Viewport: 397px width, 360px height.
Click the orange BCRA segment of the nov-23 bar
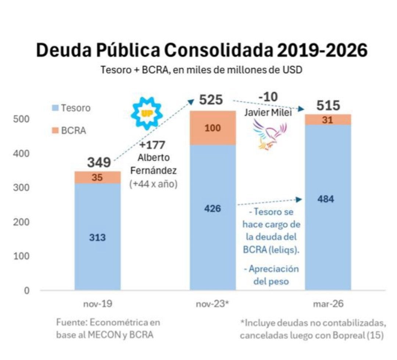[213, 128]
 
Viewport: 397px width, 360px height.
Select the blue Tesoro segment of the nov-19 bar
[97, 237]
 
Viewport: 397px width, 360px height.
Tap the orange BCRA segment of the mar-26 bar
[328, 120]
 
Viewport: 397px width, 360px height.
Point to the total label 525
[211, 100]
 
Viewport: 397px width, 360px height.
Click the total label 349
[99, 162]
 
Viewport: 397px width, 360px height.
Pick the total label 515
[328, 105]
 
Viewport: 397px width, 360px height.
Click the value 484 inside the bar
[326, 199]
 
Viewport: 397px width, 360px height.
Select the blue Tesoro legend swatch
[55, 108]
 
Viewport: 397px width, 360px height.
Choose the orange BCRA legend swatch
[55, 130]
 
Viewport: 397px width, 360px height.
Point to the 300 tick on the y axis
[21, 188]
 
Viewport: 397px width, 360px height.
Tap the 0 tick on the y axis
[26, 291]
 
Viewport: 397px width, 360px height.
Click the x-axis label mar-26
[328, 303]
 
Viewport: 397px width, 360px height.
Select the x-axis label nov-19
[98, 303]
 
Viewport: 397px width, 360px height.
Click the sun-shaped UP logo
[147, 114]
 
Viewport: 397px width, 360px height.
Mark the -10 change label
[268, 97]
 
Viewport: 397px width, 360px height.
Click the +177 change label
[152, 145]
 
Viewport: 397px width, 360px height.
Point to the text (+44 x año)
[153, 184]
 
